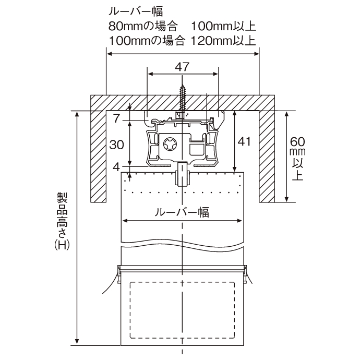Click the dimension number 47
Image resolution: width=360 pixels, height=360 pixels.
pyautogui.click(x=182, y=67)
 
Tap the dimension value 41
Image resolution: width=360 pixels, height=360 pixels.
pyautogui.click(x=244, y=141)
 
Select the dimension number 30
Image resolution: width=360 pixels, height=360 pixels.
pyautogui.click(x=117, y=145)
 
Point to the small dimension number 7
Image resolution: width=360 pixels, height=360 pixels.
pyautogui.click(x=117, y=118)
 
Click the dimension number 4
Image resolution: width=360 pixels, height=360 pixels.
pyautogui.click(x=117, y=167)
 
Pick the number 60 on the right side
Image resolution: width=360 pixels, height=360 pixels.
pyautogui.click(x=297, y=142)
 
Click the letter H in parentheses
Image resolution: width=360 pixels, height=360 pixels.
pyautogui.click(x=62, y=245)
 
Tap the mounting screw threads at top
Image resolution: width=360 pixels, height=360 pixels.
pyautogui.click(x=183, y=98)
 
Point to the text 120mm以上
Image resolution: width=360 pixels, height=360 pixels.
pyautogui.click(x=223, y=41)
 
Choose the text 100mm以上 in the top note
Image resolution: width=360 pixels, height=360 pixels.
pyautogui.click(x=223, y=27)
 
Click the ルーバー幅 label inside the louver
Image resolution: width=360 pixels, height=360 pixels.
pyautogui.click(x=182, y=212)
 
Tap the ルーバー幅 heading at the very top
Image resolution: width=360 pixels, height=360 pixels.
pyautogui.click(x=136, y=11)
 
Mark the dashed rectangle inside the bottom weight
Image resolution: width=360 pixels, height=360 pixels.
pyautogui.click(x=182, y=310)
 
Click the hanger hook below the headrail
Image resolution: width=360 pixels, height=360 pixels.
pyautogui.click(x=183, y=174)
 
